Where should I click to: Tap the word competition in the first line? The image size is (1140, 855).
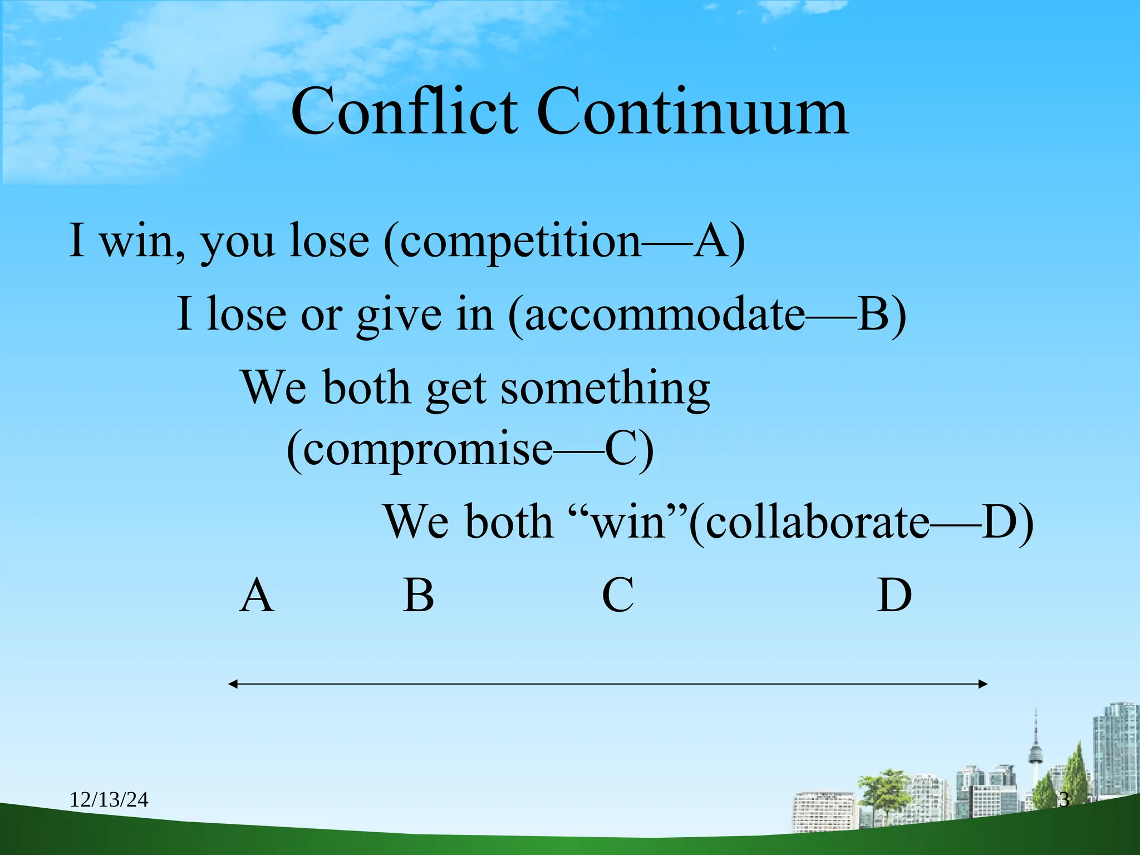tap(520, 242)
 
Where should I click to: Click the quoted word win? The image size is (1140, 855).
tap(629, 523)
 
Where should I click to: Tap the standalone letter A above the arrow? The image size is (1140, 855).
tap(257, 595)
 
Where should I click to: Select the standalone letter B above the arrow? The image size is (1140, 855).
tap(419, 595)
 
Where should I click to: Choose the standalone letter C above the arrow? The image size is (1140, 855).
tap(618, 595)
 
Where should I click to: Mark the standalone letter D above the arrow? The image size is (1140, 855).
tap(895, 595)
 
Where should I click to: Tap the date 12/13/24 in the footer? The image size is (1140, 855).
tap(109, 800)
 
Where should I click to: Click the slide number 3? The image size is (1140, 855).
tap(1064, 800)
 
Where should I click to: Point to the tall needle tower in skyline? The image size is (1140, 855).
tap(1036, 746)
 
